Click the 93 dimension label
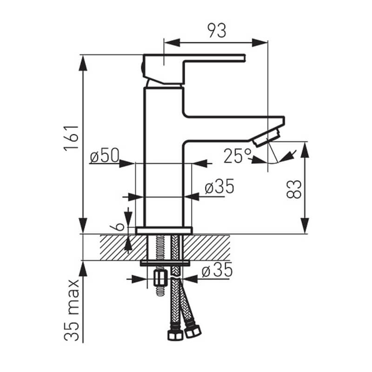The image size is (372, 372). [x=217, y=31]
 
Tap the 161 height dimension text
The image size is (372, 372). [x=71, y=137]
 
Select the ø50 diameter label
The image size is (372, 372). [x=104, y=155]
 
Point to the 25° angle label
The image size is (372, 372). [x=237, y=156]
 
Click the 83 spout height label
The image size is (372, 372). [x=294, y=189]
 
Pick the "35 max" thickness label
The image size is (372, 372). [x=72, y=310]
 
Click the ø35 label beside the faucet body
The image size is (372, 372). [x=219, y=186]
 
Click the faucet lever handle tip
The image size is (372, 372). [x=244, y=58]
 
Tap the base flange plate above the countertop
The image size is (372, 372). [x=164, y=231]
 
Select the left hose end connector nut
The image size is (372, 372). [x=175, y=334]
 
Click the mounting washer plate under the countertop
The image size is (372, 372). [x=165, y=263]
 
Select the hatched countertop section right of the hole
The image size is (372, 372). [x=206, y=247]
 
